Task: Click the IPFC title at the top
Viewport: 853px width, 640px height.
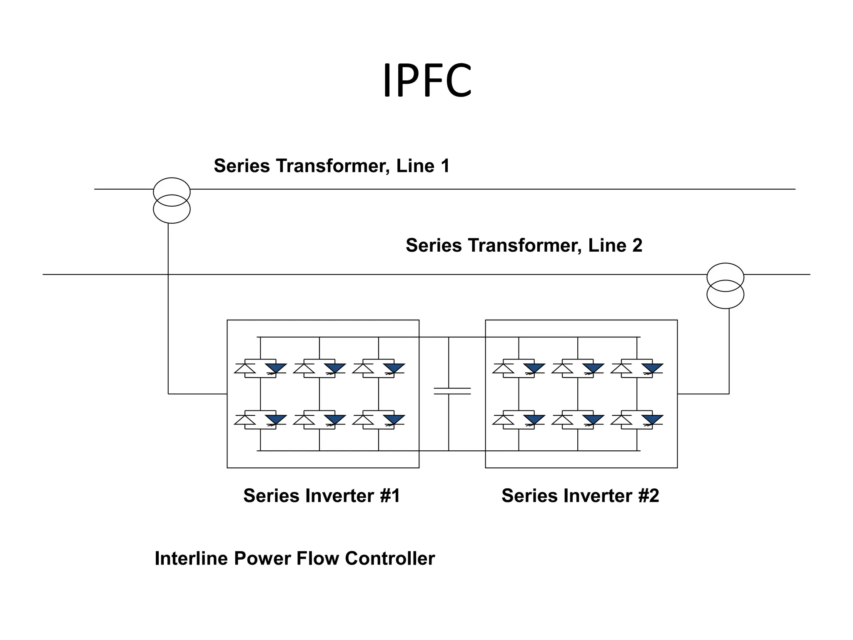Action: (427, 81)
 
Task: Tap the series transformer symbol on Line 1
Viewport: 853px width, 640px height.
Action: (172, 200)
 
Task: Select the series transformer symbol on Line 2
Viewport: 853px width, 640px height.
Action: (725, 286)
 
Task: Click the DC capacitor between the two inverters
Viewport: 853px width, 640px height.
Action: (452, 391)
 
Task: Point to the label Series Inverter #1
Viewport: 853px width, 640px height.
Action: (322, 496)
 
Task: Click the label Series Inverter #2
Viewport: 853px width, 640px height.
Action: (580, 496)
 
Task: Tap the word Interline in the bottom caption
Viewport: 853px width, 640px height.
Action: (192, 558)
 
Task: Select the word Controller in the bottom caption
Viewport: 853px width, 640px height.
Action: (390, 558)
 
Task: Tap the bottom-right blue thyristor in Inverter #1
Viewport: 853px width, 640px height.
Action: (394, 420)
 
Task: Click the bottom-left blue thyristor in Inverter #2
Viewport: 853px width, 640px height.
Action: (534, 420)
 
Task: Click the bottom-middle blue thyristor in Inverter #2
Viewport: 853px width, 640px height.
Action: (593, 420)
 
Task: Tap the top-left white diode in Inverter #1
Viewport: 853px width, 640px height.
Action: (245, 369)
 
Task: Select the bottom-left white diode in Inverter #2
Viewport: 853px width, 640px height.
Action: (503, 420)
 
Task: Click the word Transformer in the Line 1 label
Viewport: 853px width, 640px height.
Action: (332, 166)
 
